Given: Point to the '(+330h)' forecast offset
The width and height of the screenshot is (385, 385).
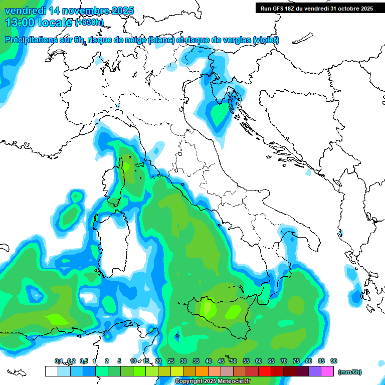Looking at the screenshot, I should pyautogui.click(x=90, y=23).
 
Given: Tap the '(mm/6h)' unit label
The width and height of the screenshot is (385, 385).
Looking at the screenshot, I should pyautogui.click(x=349, y=372).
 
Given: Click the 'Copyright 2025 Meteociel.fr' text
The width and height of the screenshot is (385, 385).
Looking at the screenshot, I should pyautogui.click(x=213, y=381).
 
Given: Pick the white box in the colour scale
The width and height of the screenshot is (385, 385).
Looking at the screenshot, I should pyautogui.click(x=51, y=371).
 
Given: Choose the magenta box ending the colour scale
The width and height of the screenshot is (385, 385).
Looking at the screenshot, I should pyautogui.click(x=328, y=371).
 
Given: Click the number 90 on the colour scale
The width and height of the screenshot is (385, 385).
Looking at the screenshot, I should pyautogui.click(x=334, y=361).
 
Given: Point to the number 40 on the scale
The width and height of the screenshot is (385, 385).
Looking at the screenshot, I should pyautogui.click(x=209, y=361).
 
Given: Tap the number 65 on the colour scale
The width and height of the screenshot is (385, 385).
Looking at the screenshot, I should pyautogui.click(x=271, y=361).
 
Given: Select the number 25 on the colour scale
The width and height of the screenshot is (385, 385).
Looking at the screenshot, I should pyautogui.click(x=171, y=361).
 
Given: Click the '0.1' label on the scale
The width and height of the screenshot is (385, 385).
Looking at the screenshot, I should pyautogui.click(x=59, y=361).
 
